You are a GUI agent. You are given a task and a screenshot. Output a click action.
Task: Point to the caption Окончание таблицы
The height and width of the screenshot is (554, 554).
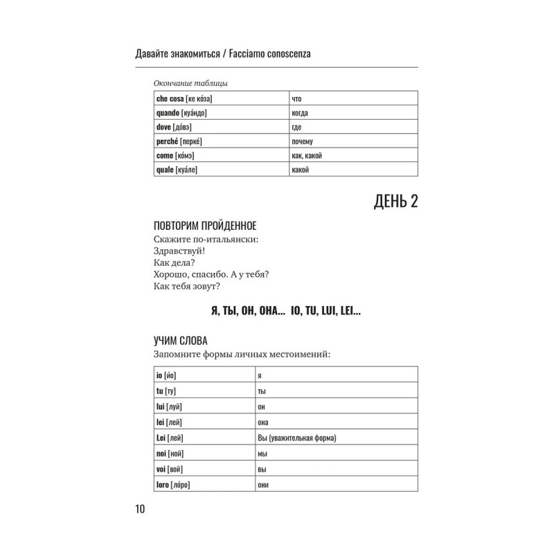190,84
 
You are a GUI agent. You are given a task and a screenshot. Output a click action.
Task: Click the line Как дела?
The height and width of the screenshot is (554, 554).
170,262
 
